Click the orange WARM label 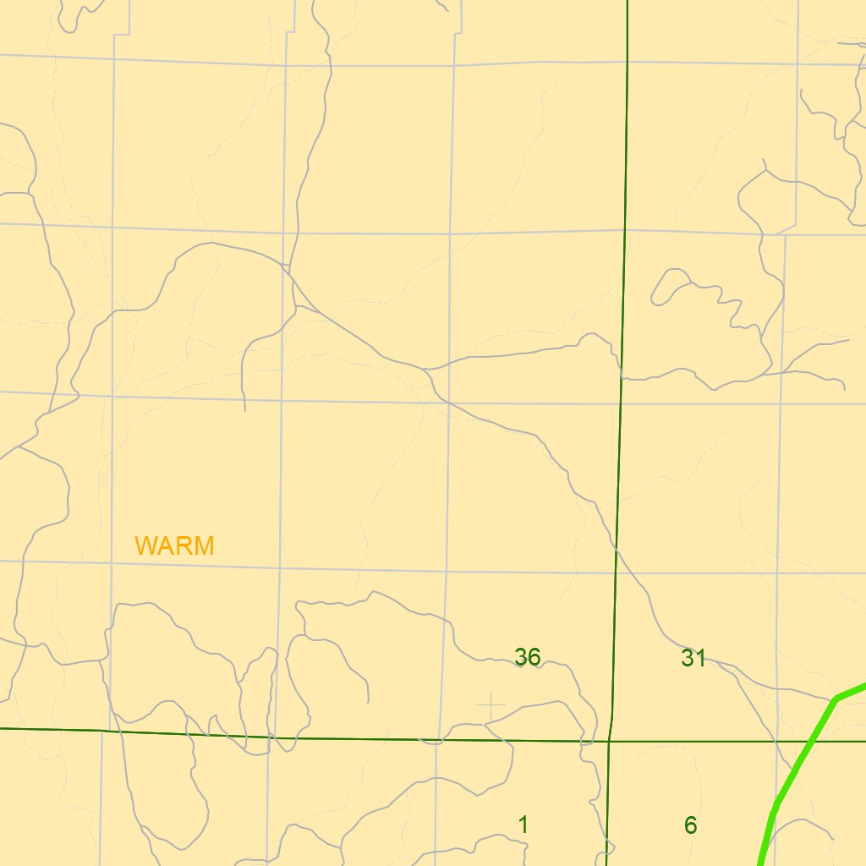pos(174,546)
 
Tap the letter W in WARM pos(145,546)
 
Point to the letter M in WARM pos(204,546)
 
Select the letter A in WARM pos(165,546)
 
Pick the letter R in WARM pos(183,546)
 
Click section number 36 pos(527,657)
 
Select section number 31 pos(693,658)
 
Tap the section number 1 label pos(523,825)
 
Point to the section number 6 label pos(690,825)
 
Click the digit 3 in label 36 pos(521,657)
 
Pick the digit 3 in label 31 pos(688,658)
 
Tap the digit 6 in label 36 pos(534,657)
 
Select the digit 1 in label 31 pos(699,658)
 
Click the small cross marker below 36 pos(491,705)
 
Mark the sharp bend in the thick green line pos(836,699)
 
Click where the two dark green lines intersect pos(609,741)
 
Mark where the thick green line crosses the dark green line pos(810,741)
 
